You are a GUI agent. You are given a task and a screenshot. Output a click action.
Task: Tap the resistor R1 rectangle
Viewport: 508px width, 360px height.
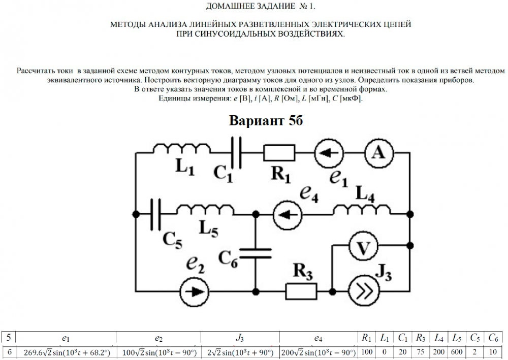point(279,152)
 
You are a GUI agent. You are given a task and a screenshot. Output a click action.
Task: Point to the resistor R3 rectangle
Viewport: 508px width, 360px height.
point(302,291)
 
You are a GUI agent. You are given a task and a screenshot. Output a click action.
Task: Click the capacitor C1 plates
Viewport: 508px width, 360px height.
point(235,152)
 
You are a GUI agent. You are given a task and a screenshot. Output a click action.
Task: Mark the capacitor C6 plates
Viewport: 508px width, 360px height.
point(255,253)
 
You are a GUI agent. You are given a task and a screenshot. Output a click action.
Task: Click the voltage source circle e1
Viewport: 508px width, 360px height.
point(329,152)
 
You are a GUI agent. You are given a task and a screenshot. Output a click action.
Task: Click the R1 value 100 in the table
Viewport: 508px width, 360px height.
point(367,352)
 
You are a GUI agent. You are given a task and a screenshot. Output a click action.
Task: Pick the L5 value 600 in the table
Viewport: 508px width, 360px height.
point(457,352)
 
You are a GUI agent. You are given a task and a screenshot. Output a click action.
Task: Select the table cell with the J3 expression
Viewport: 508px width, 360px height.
point(240,352)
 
